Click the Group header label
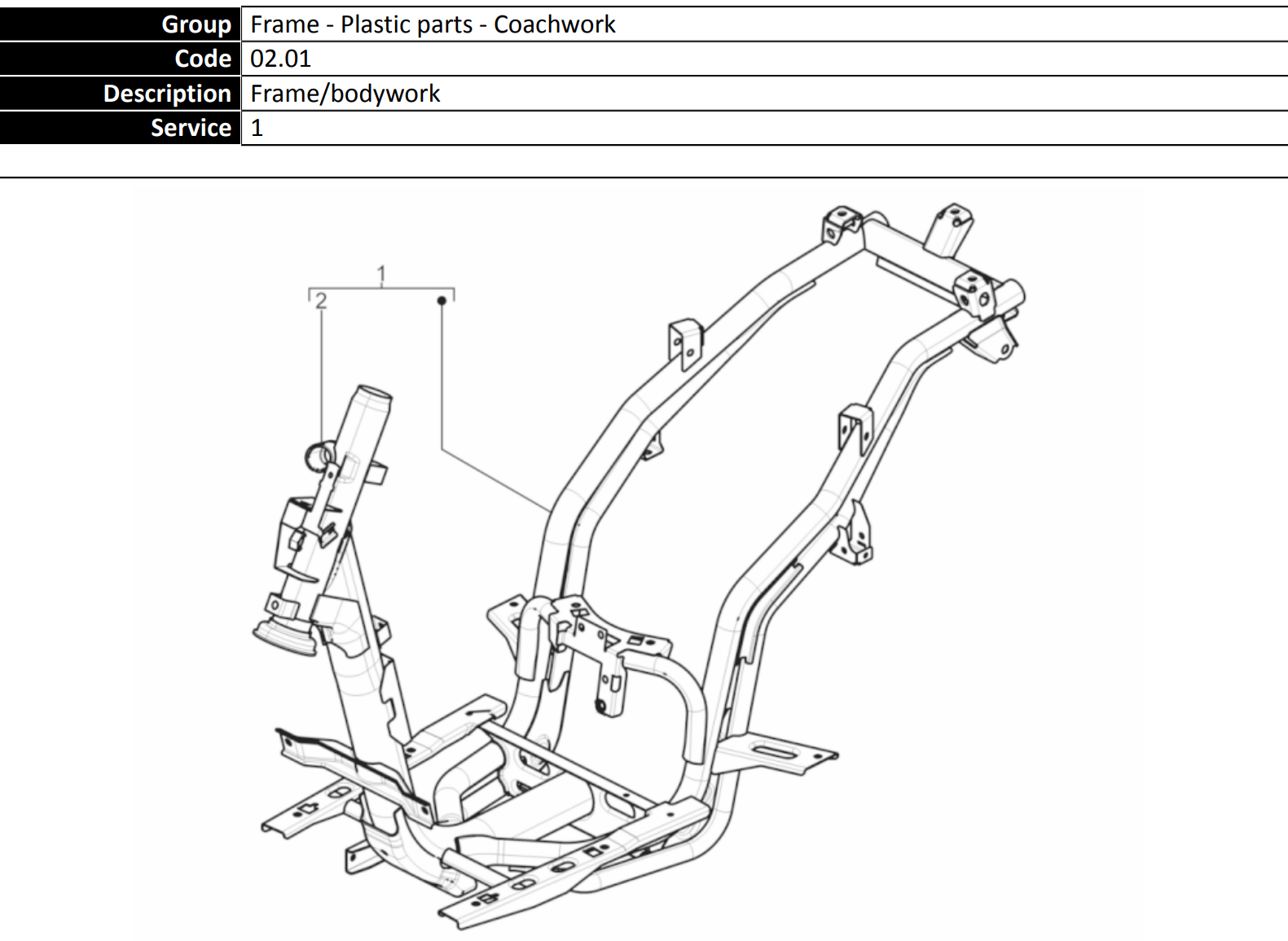click(196, 24)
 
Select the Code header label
click(203, 59)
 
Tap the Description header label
click(167, 94)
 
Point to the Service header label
click(191, 128)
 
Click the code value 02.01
click(280, 59)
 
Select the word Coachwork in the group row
click(554, 24)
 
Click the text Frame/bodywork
click(345, 94)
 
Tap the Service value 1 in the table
click(257, 128)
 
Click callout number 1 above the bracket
click(381, 274)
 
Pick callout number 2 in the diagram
click(321, 300)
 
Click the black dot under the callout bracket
click(442, 300)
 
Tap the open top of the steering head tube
click(375, 392)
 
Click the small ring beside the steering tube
click(319, 457)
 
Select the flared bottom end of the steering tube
click(284, 639)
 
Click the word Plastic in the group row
click(378, 24)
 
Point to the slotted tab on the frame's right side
click(777, 753)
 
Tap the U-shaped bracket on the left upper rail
click(685, 344)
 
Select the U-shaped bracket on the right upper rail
click(855, 428)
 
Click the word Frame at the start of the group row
click(284, 24)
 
